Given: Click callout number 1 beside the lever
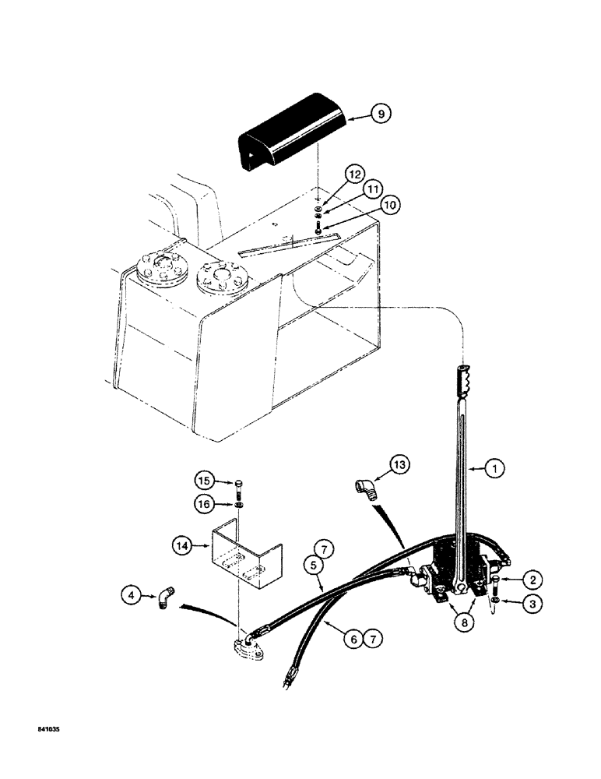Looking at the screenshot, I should pyautogui.click(x=494, y=469).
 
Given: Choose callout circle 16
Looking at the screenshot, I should pyautogui.click(x=205, y=506).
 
